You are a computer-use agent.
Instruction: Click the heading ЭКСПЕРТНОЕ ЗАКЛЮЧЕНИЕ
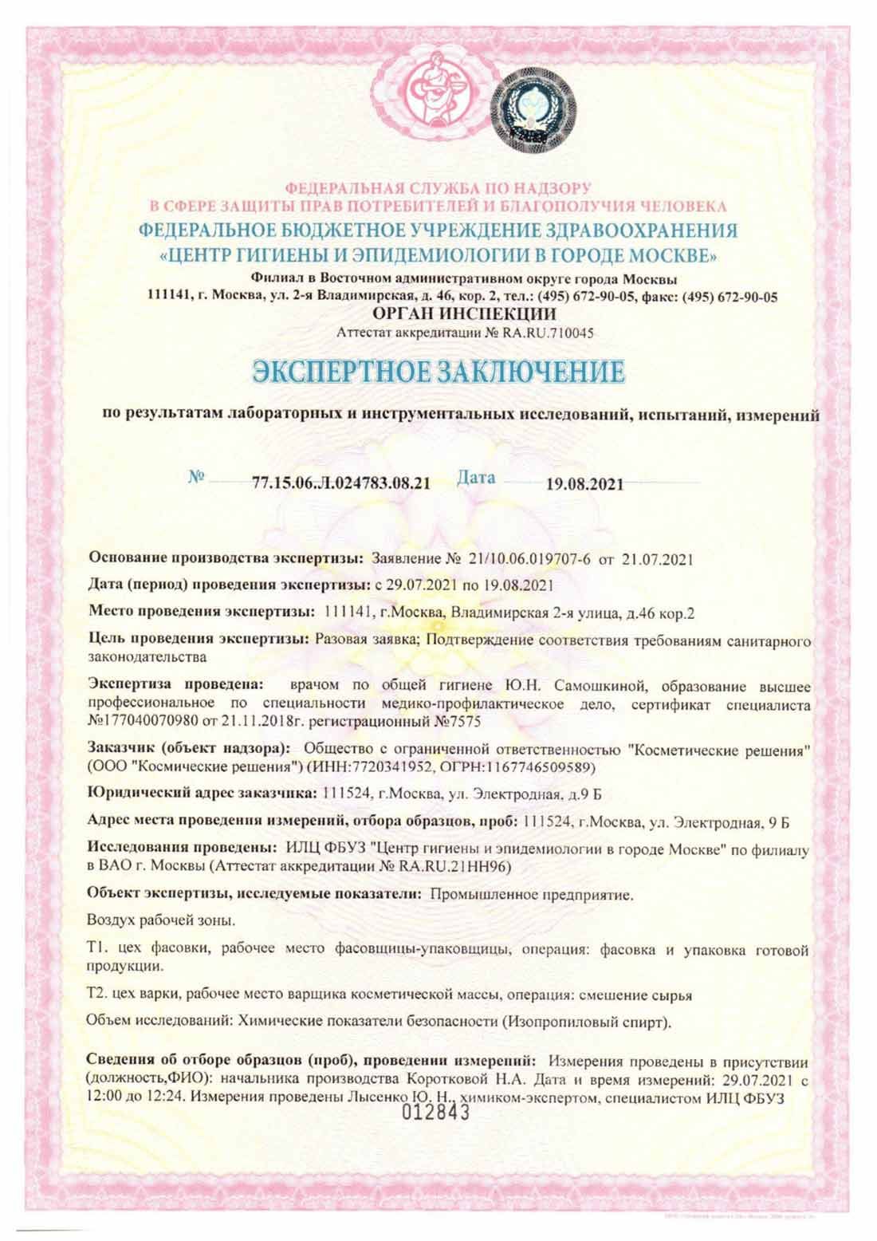[438, 373]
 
